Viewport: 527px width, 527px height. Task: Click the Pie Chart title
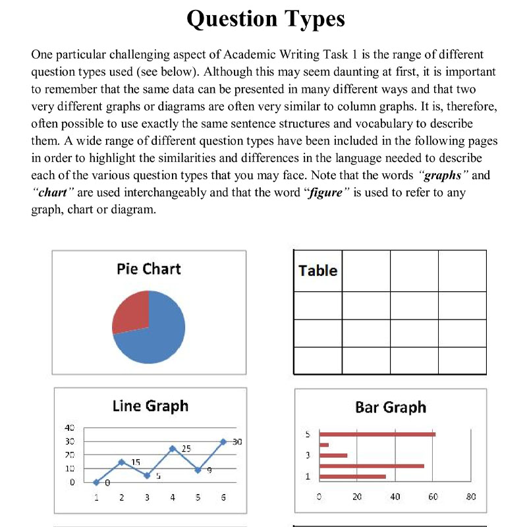coord(148,269)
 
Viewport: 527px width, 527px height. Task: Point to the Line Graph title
coord(150,406)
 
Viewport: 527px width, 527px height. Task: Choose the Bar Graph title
coord(391,407)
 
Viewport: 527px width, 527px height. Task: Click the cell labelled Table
coord(318,271)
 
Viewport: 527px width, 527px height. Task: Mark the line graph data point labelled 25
coord(173,449)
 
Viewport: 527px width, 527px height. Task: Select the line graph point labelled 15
coord(122,462)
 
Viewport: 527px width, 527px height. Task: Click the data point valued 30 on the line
coord(223,441)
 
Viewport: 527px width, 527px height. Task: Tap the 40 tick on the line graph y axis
coord(69,428)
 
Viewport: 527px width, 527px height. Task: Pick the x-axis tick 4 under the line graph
coord(173,498)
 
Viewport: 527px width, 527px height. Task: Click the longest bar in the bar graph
coord(377,434)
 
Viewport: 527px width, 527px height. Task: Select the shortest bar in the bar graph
coord(324,445)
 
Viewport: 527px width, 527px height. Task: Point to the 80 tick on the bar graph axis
coord(470,497)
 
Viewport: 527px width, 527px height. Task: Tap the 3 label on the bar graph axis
coord(308,455)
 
